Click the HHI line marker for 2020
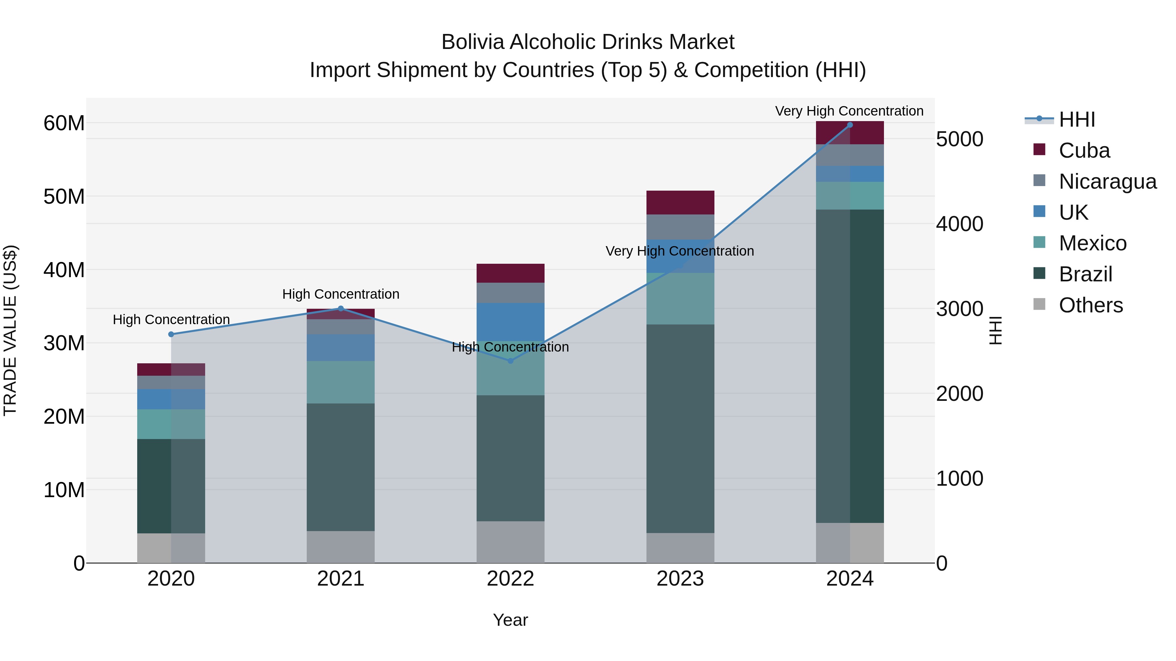tap(171, 334)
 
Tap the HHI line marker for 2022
tap(510, 361)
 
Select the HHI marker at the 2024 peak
tap(850, 125)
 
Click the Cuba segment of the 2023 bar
tap(680, 202)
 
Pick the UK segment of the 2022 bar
tap(510, 322)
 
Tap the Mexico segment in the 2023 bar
tap(680, 298)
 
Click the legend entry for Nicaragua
tap(1107, 181)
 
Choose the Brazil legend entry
tap(1085, 274)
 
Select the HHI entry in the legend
tap(1076, 119)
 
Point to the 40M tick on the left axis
tap(64, 270)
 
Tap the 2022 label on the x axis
tap(510, 579)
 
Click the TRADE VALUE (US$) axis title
tap(10, 330)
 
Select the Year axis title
tap(510, 620)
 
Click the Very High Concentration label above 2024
tap(849, 111)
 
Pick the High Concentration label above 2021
tap(341, 294)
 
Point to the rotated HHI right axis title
tap(995, 330)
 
